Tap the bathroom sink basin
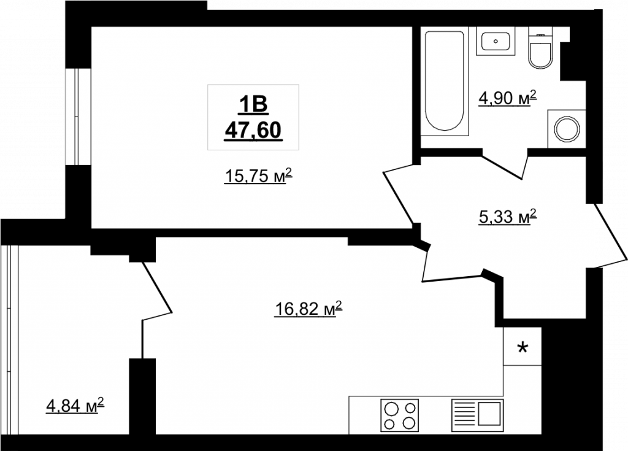[496, 41]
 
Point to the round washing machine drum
[566, 129]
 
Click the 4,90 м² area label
[507, 99]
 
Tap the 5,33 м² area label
[507, 217]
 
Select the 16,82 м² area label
[309, 309]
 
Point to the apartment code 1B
[253, 105]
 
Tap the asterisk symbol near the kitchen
[523, 347]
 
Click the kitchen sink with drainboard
[477, 415]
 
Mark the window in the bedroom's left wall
[78, 116]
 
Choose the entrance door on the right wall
[610, 236]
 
